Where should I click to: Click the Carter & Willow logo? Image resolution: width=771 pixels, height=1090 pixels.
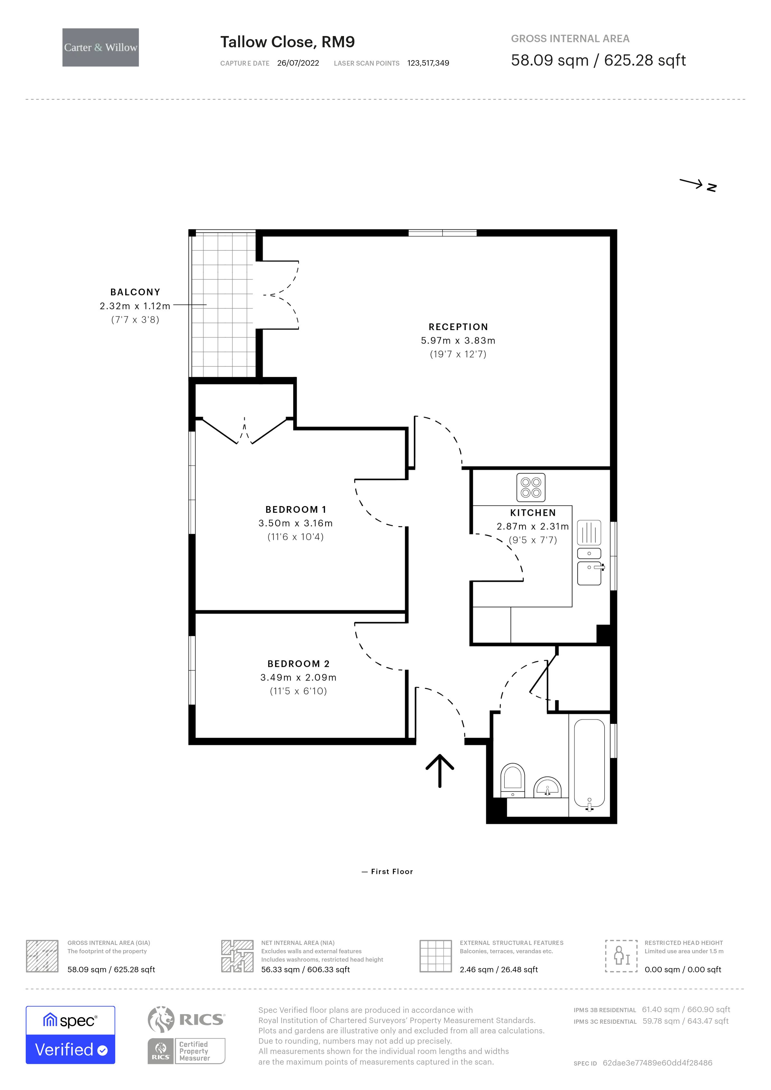[x=101, y=48]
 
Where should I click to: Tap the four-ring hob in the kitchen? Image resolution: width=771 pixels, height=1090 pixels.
[x=530, y=487]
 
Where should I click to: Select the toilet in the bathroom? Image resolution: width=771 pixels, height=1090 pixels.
[x=512, y=780]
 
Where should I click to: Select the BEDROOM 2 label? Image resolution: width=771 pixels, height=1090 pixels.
[x=298, y=664]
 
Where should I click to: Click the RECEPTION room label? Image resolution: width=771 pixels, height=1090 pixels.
[x=458, y=327]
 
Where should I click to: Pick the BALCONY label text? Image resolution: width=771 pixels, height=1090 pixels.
[x=135, y=292]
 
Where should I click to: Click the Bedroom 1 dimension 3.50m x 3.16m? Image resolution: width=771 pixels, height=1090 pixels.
[x=295, y=523]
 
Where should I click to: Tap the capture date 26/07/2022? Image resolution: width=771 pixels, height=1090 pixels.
[x=298, y=63]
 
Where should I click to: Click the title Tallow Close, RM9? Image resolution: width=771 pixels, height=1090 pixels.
[x=287, y=42]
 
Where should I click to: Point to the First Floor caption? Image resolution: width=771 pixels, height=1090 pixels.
[x=392, y=872]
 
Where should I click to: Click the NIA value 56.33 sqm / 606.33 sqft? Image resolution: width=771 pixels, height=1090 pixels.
[x=305, y=969]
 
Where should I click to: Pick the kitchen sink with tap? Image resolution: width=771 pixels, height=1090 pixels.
[x=589, y=573]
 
